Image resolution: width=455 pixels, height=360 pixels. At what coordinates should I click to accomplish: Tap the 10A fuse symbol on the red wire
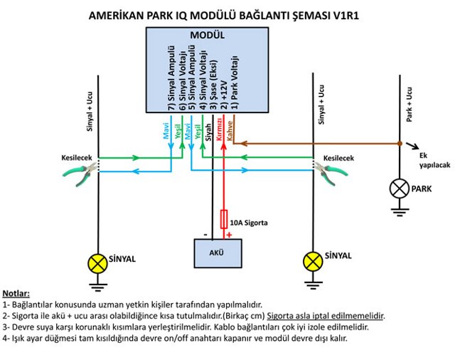(x=225, y=218)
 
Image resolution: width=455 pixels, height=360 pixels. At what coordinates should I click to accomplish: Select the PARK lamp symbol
(x=399, y=189)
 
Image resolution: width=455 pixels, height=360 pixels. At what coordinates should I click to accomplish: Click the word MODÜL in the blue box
(x=207, y=35)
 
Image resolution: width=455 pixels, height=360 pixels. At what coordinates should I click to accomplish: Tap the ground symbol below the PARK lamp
(x=399, y=211)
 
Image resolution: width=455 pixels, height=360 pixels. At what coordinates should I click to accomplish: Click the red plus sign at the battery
(x=228, y=234)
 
